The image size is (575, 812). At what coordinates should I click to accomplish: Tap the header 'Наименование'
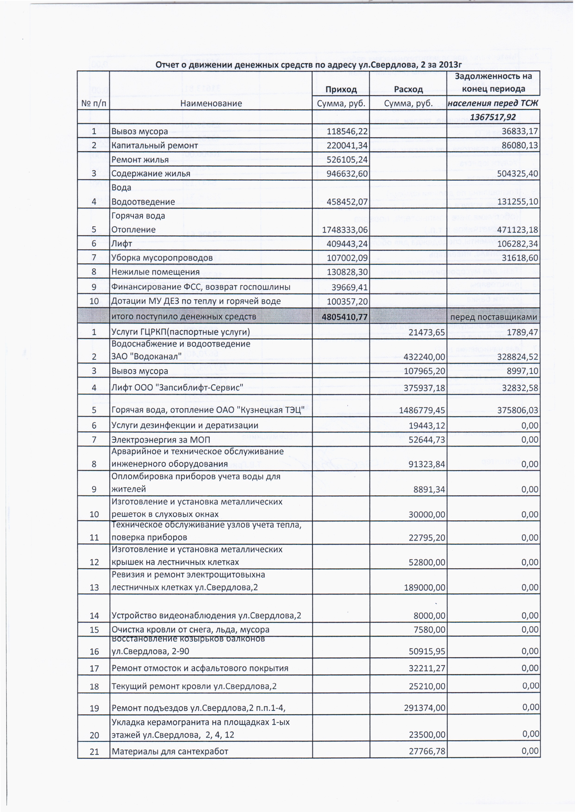[211, 103]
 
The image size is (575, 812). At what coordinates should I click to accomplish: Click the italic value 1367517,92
[493, 117]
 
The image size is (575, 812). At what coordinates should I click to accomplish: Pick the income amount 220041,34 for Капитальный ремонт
[347, 146]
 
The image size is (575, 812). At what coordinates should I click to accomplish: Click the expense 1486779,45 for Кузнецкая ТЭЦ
[422, 410]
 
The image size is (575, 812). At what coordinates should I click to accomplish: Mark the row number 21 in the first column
[94, 752]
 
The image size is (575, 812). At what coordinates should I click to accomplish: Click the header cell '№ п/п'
[94, 103]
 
